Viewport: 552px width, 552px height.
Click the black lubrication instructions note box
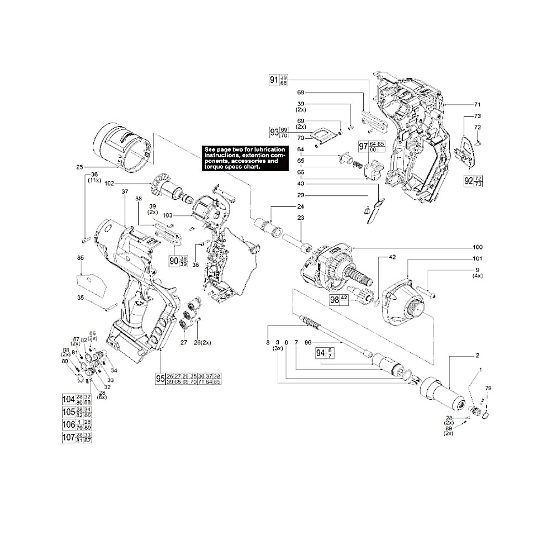tap(245, 158)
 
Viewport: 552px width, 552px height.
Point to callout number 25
tap(79, 166)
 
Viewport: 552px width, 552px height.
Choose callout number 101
tap(477, 259)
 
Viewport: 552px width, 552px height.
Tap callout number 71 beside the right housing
tap(477, 104)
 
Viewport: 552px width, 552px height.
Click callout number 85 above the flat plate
tap(81, 257)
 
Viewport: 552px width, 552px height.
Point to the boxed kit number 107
tap(68, 437)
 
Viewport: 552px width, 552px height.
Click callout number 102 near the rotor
tap(109, 184)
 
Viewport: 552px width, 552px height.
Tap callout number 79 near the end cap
tap(487, 389)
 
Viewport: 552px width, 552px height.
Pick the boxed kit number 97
tap(363, 146)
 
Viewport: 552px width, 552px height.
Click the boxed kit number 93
tap(274, 132)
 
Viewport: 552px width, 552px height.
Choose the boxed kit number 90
tap(174, 260)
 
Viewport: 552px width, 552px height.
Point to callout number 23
tap(301, 218)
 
